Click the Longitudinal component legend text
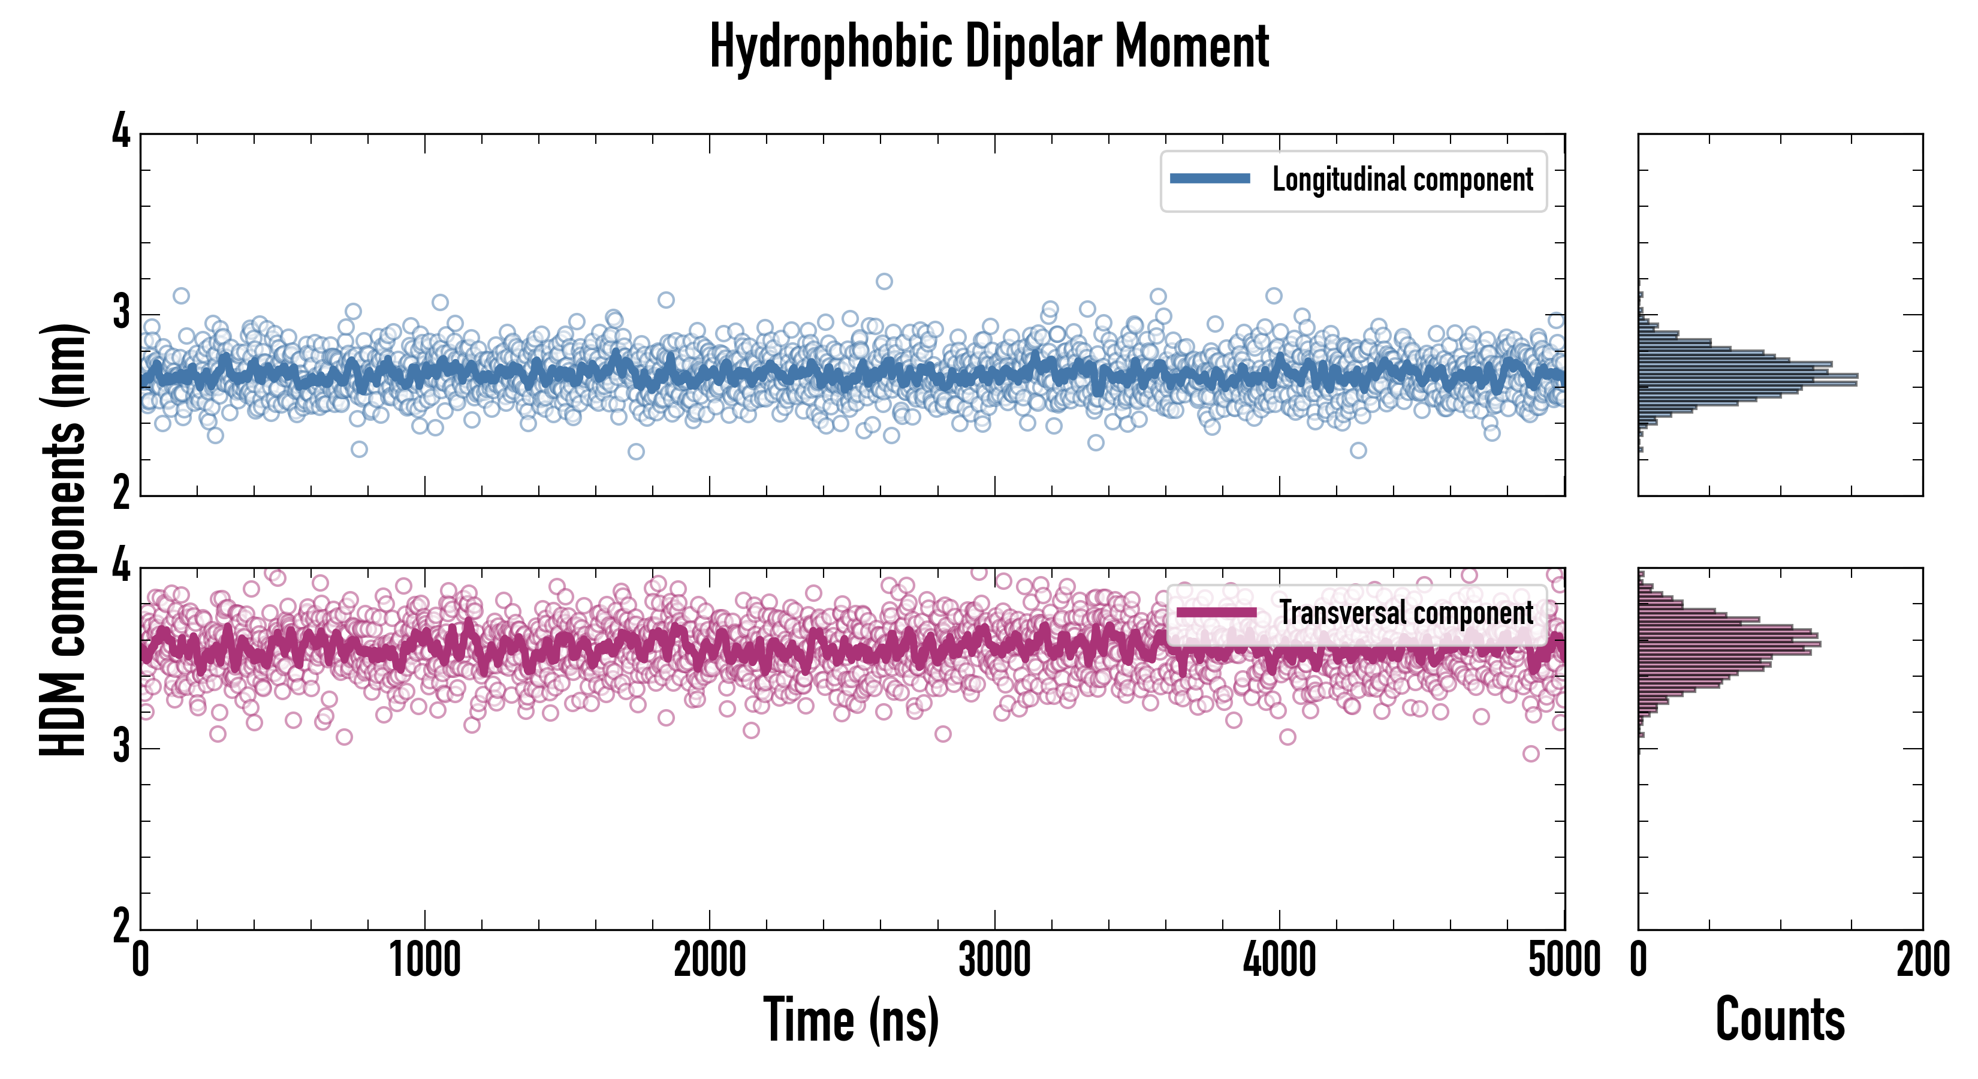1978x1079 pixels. [1402, 180]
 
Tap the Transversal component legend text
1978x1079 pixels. [1406, 613]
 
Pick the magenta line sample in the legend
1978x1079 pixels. [1216, 613]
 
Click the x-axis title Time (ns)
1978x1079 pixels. [851, 1020]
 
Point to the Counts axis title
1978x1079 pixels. [1780, 1020]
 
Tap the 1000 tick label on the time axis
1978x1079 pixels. [424, 960]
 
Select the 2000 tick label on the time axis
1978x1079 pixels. [710, 960]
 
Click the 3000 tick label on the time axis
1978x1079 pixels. [994, 960]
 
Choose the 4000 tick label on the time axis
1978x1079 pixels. [1279, 960]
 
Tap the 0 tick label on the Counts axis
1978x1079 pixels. [1639, 960]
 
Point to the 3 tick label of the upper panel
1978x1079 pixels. [121, 314]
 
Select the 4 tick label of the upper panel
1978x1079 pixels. [121, 132]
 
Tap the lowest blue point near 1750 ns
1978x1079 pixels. [636, 451]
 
